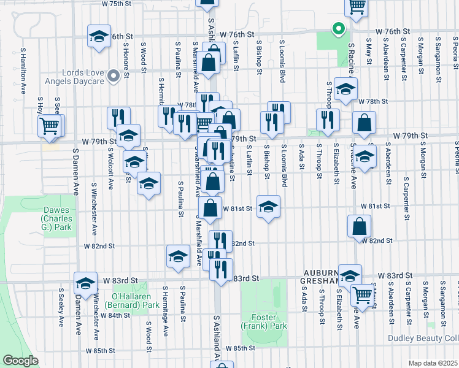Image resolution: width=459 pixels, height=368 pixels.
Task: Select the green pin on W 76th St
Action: tap(337, 28)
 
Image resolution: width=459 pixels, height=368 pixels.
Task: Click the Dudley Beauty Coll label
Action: tap(423, 338)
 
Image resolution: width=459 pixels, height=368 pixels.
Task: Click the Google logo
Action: tap(21, 361)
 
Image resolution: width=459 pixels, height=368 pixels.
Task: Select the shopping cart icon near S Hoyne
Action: tap(50, 126)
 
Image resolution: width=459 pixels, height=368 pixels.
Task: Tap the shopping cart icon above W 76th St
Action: tap(357, 7)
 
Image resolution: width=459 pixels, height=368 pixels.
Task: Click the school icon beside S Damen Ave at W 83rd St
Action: tap(85, 283)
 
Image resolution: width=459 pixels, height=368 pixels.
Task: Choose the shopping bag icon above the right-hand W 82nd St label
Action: tap(359, 226)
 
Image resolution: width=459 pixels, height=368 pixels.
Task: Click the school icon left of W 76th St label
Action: tap(99, 36)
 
